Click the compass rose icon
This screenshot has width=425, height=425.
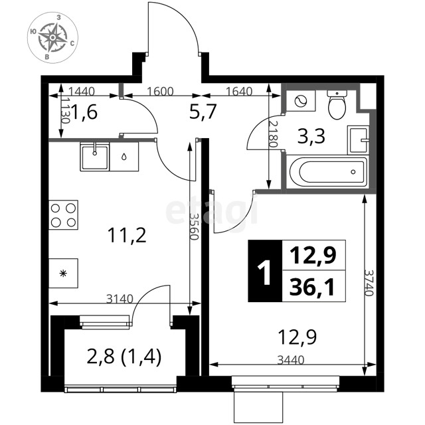coord(52,37)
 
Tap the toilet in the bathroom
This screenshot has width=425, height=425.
coord(337,105)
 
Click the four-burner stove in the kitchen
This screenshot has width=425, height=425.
coord(64,215)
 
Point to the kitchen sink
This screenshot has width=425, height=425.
coord(94,157)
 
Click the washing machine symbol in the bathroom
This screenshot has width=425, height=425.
coord(301,101)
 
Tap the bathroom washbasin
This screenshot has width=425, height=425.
coord(359,140)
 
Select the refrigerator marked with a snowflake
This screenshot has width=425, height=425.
coord(64,273)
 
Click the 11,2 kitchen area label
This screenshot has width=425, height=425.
coord(127,235)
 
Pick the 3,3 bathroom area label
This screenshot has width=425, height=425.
coord(311,136)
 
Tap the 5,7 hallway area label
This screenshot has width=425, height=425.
coord(203,112)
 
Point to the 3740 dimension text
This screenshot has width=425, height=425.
coord(369,282)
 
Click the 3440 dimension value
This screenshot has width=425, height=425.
coord(291,360)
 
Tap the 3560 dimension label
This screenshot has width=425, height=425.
coord(194,226)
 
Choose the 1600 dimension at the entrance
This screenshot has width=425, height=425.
coord(160,92)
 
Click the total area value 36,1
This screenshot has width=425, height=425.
coord(312,287)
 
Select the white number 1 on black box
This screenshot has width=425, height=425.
coord(264,272)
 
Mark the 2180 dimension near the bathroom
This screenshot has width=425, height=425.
coord(273,134)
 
